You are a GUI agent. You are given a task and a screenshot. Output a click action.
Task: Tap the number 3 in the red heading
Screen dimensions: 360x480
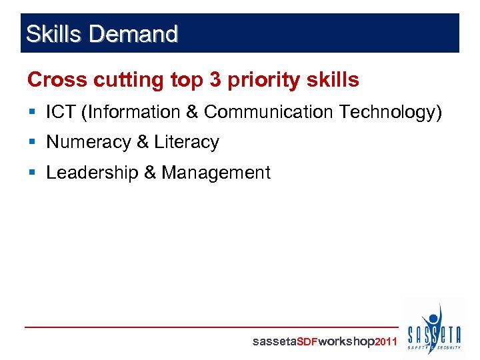215,80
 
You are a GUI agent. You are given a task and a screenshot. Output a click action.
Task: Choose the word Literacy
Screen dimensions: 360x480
186,143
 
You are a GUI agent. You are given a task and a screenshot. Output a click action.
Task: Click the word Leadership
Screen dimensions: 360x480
92,173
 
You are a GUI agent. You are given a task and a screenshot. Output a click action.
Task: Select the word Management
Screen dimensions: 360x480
216,173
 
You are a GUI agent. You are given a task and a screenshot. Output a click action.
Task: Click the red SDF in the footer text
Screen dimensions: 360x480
307,342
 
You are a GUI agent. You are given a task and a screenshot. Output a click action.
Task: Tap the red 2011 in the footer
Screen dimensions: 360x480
387,342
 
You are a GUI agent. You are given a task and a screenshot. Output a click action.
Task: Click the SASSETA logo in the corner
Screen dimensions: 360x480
434,329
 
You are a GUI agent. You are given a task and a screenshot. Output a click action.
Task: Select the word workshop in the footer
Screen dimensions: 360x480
347,342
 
